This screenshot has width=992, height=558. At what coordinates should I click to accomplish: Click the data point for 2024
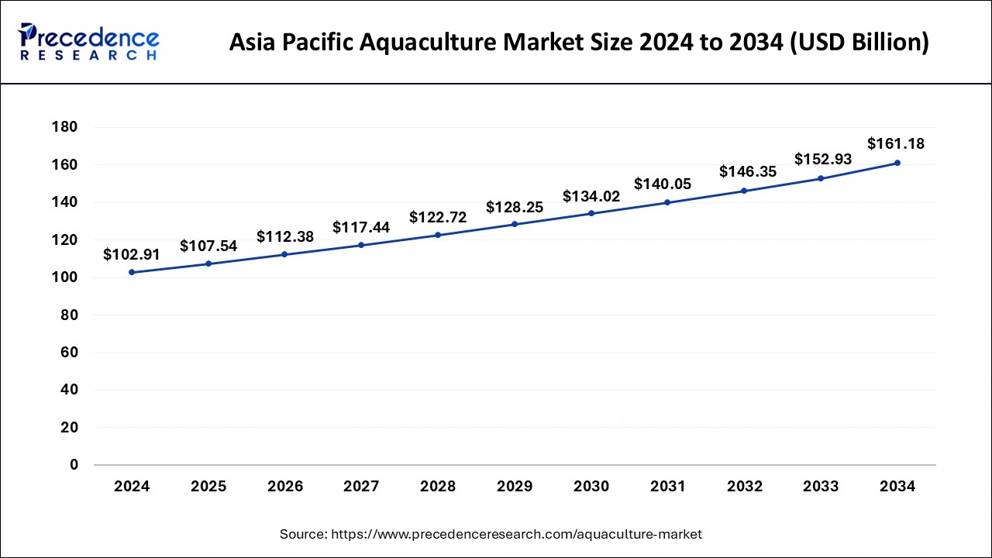(132, 272)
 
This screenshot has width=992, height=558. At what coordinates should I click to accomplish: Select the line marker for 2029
(515, 224)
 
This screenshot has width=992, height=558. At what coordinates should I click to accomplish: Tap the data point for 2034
(897, 163)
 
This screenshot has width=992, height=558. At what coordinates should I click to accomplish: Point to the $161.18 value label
(896, 143)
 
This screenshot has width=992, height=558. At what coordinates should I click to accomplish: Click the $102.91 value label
(132, 253)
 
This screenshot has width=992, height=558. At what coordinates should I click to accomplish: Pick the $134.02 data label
(591, 196)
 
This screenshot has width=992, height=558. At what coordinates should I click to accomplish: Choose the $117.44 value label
(361, 227)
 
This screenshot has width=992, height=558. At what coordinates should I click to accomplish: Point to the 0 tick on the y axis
(74, 465)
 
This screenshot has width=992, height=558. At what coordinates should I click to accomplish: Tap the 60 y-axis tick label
(69, 353)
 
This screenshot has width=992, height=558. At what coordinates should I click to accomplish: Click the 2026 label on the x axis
(285, 487)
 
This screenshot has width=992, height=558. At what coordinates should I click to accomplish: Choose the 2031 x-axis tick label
(667, 487)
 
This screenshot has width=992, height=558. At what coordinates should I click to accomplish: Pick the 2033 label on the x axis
(821, 487)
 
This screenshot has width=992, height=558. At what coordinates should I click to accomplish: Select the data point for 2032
(744, 191)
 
